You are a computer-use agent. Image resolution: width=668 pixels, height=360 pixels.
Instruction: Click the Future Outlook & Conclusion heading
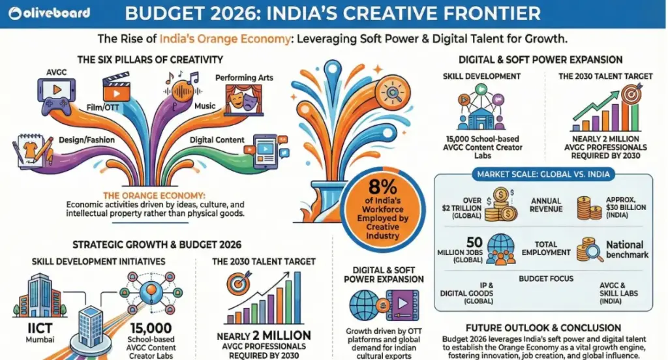click(x=543, y=328)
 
